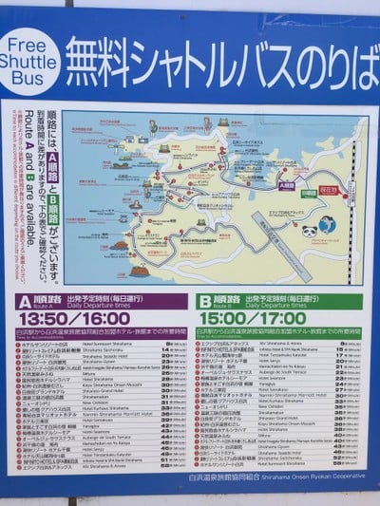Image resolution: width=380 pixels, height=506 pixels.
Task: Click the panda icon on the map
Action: click(x=309, y=230)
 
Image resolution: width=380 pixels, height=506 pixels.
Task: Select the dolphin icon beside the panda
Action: click(x=328, y=225)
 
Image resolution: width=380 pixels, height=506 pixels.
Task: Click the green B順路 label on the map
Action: click(x=309, y=194)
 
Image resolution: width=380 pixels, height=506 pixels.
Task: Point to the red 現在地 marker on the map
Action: click(x=328, y=189)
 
